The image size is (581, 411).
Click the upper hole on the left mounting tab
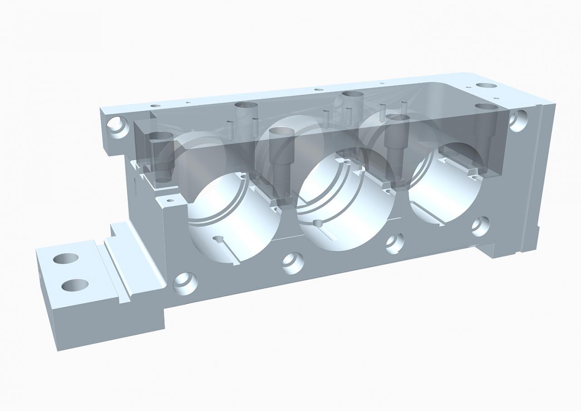click(x=66, y=258)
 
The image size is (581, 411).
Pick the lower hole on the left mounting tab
click(x=75, y=285)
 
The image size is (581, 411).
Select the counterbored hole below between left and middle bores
click(x=292, y=262)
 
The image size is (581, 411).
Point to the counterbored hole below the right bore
click(x=480, y=225)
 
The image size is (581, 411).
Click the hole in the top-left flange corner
click(x=117, y=125)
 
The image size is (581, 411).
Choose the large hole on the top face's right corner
click(x=486, y=85)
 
